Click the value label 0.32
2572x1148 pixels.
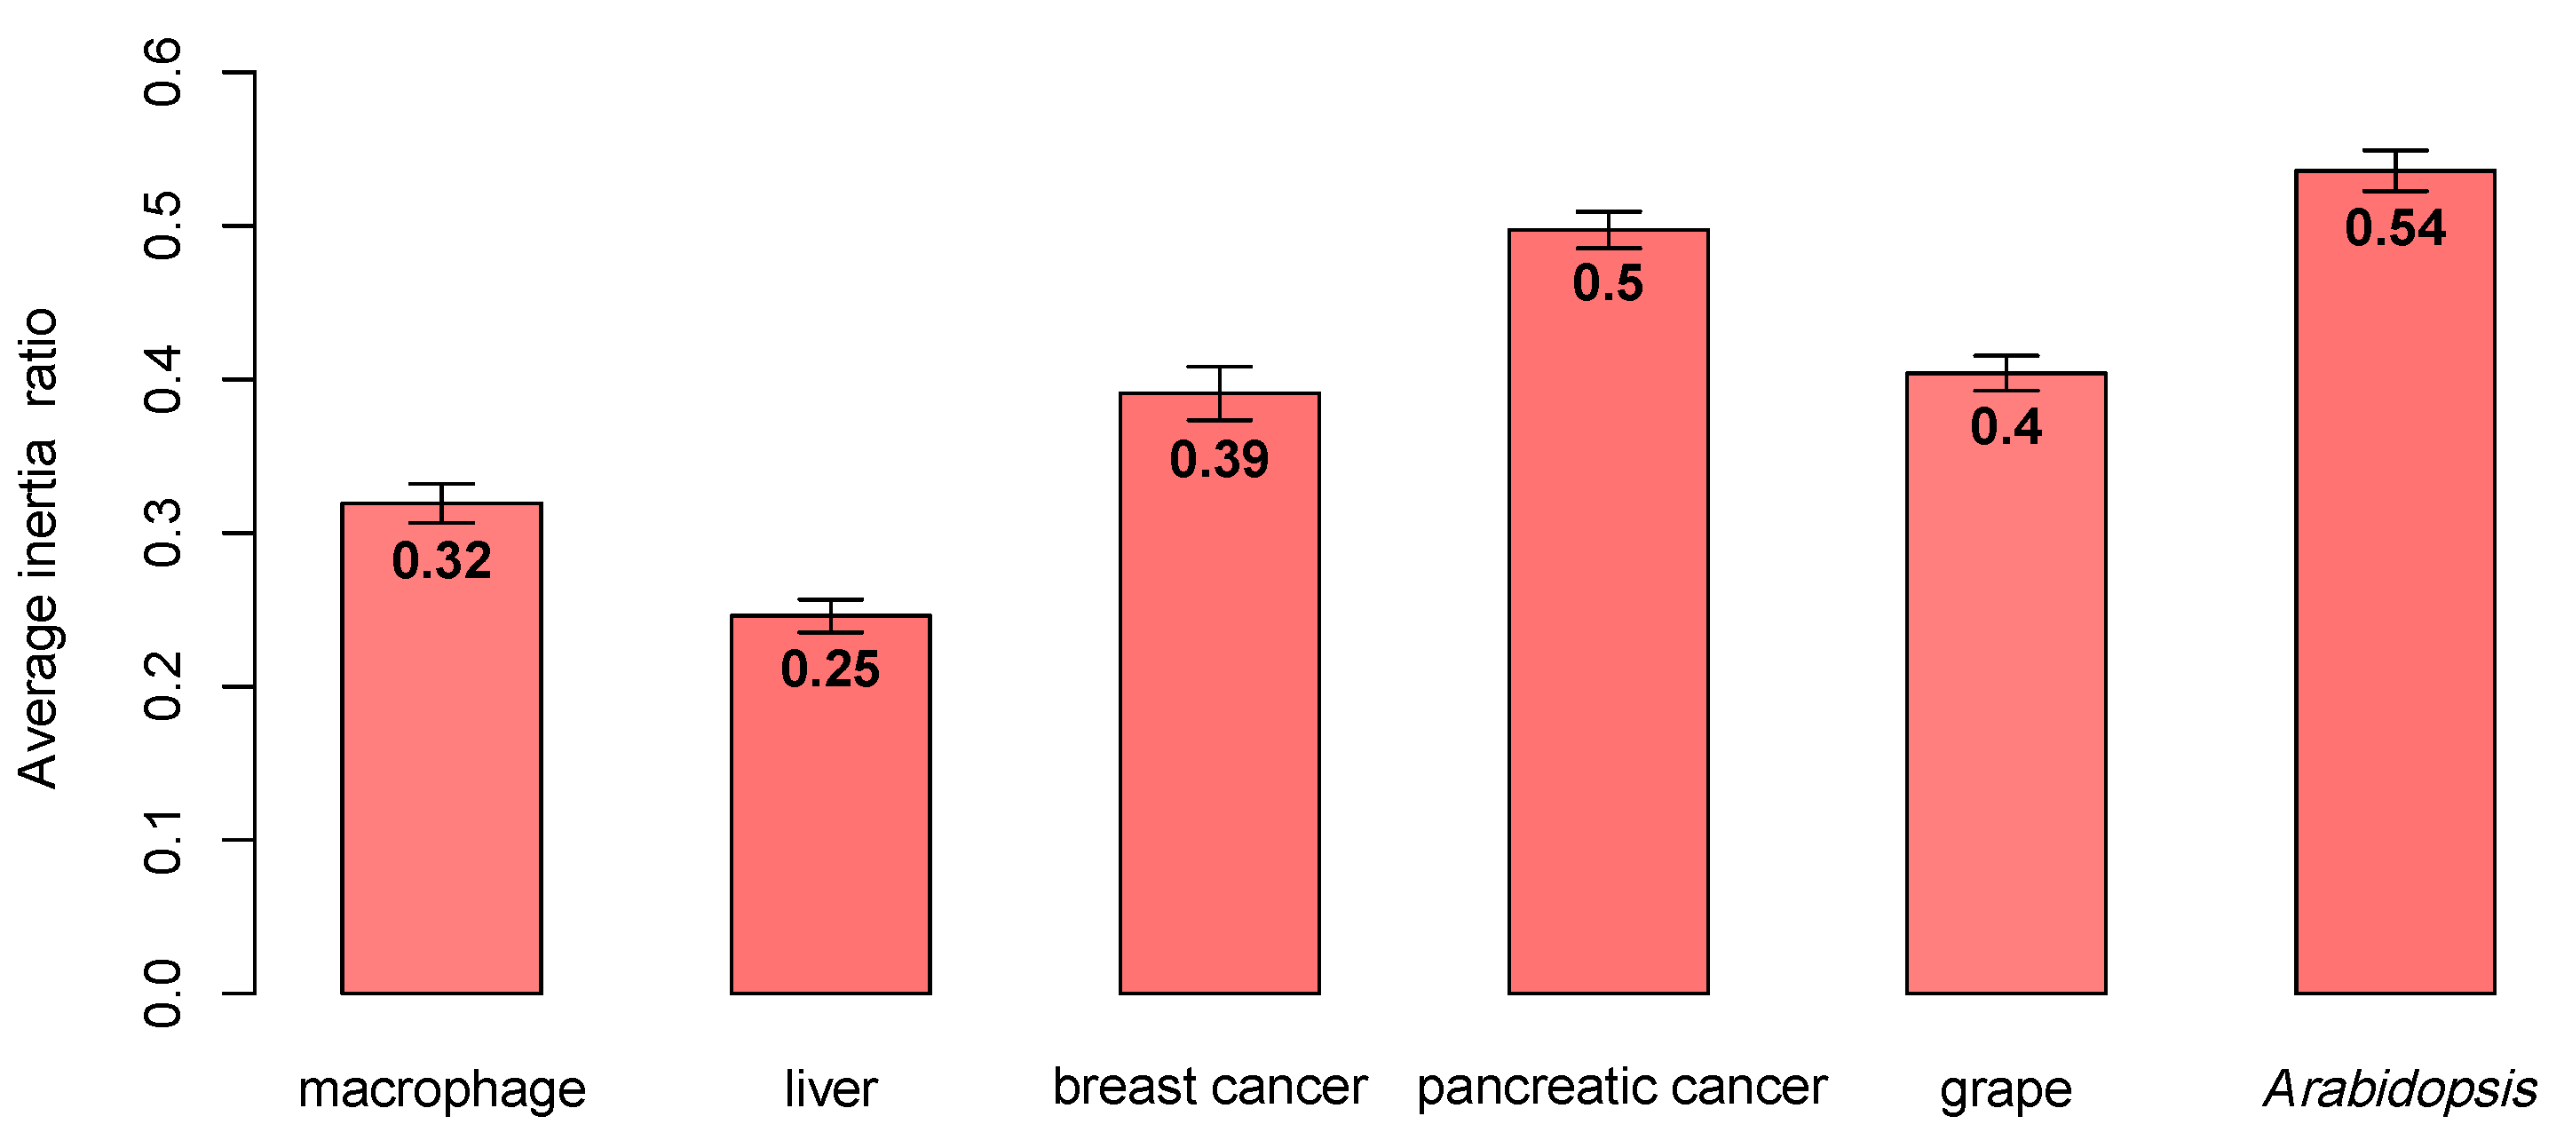point(441,561)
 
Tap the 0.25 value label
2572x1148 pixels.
point(830,669)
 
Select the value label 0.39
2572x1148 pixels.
point(1219,460)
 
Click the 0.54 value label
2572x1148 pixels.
point(2394,228)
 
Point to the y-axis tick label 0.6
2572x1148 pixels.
point(162,73)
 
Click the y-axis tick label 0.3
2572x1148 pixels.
point(162,533)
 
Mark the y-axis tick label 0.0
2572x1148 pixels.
point(162,994)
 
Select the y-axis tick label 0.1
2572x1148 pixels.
point(162,841)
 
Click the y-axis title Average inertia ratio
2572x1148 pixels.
point(38,549)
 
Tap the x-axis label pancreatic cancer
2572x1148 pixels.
point(1620,1086)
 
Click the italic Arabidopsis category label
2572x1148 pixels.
point(2399,1089)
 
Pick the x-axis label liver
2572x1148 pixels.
point(830,1089)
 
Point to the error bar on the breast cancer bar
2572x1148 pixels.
point(1219,393)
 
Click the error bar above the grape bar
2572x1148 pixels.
point(2006,372)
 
